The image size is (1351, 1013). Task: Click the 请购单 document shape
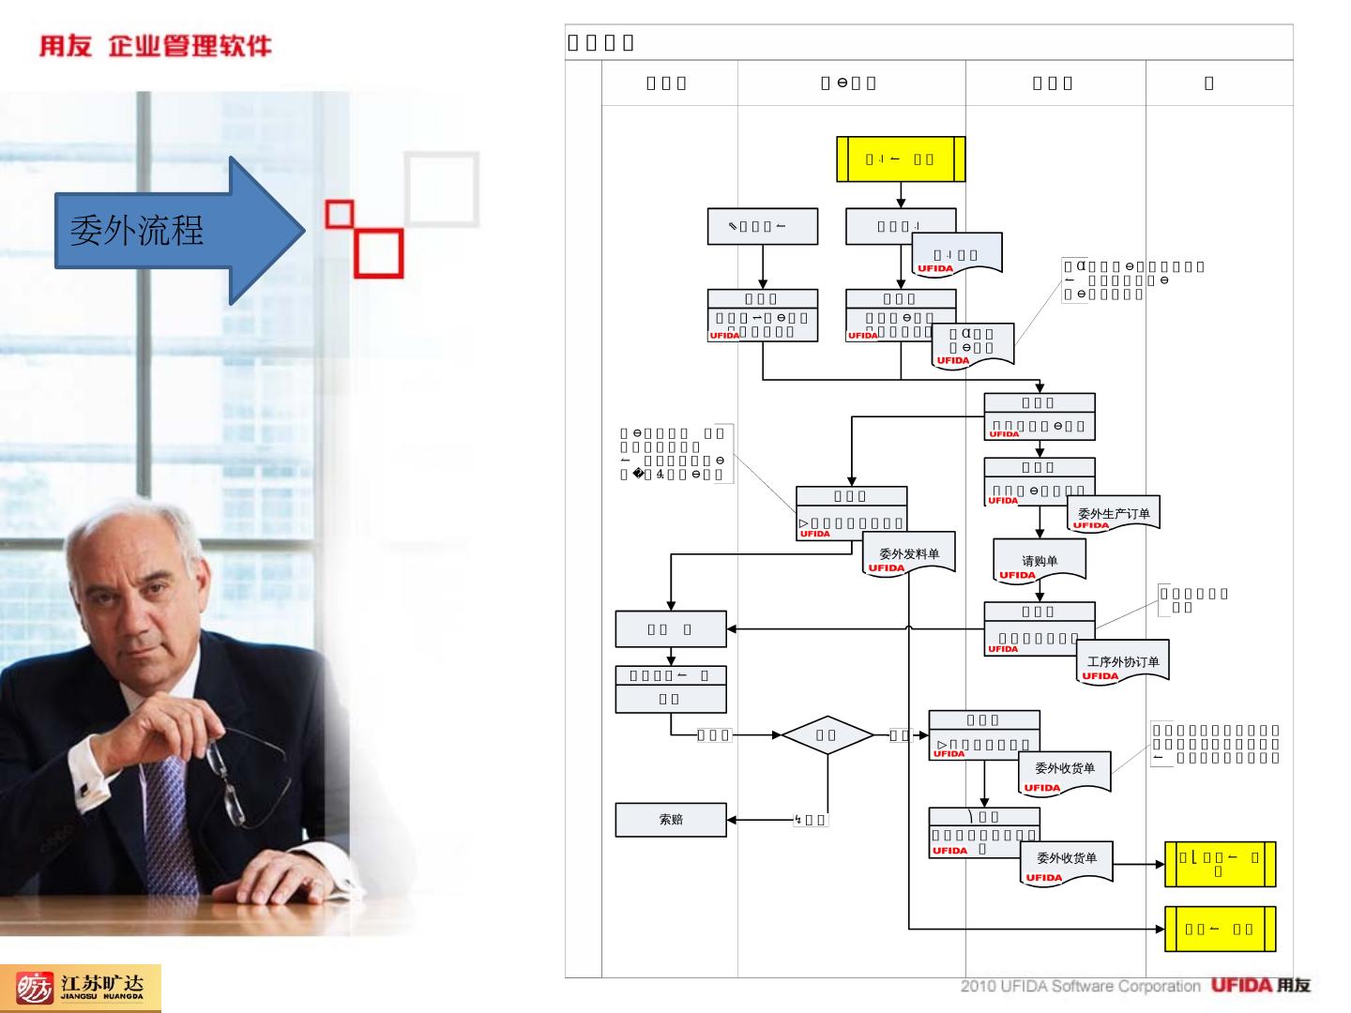1040,563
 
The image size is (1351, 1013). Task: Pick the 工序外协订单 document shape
1122,663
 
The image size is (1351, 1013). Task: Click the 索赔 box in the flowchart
671,819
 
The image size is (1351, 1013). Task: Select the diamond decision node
827,734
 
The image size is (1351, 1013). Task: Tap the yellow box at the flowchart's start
901,159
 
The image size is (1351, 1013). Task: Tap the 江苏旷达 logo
81,988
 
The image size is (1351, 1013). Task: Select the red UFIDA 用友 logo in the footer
1260,986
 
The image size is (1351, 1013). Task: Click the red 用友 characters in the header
65,46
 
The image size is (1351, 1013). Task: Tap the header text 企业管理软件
190,46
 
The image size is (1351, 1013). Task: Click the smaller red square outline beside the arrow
339,214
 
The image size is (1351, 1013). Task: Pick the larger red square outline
380,253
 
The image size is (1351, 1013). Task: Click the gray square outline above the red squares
442,189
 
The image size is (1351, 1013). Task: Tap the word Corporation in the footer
1158,986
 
